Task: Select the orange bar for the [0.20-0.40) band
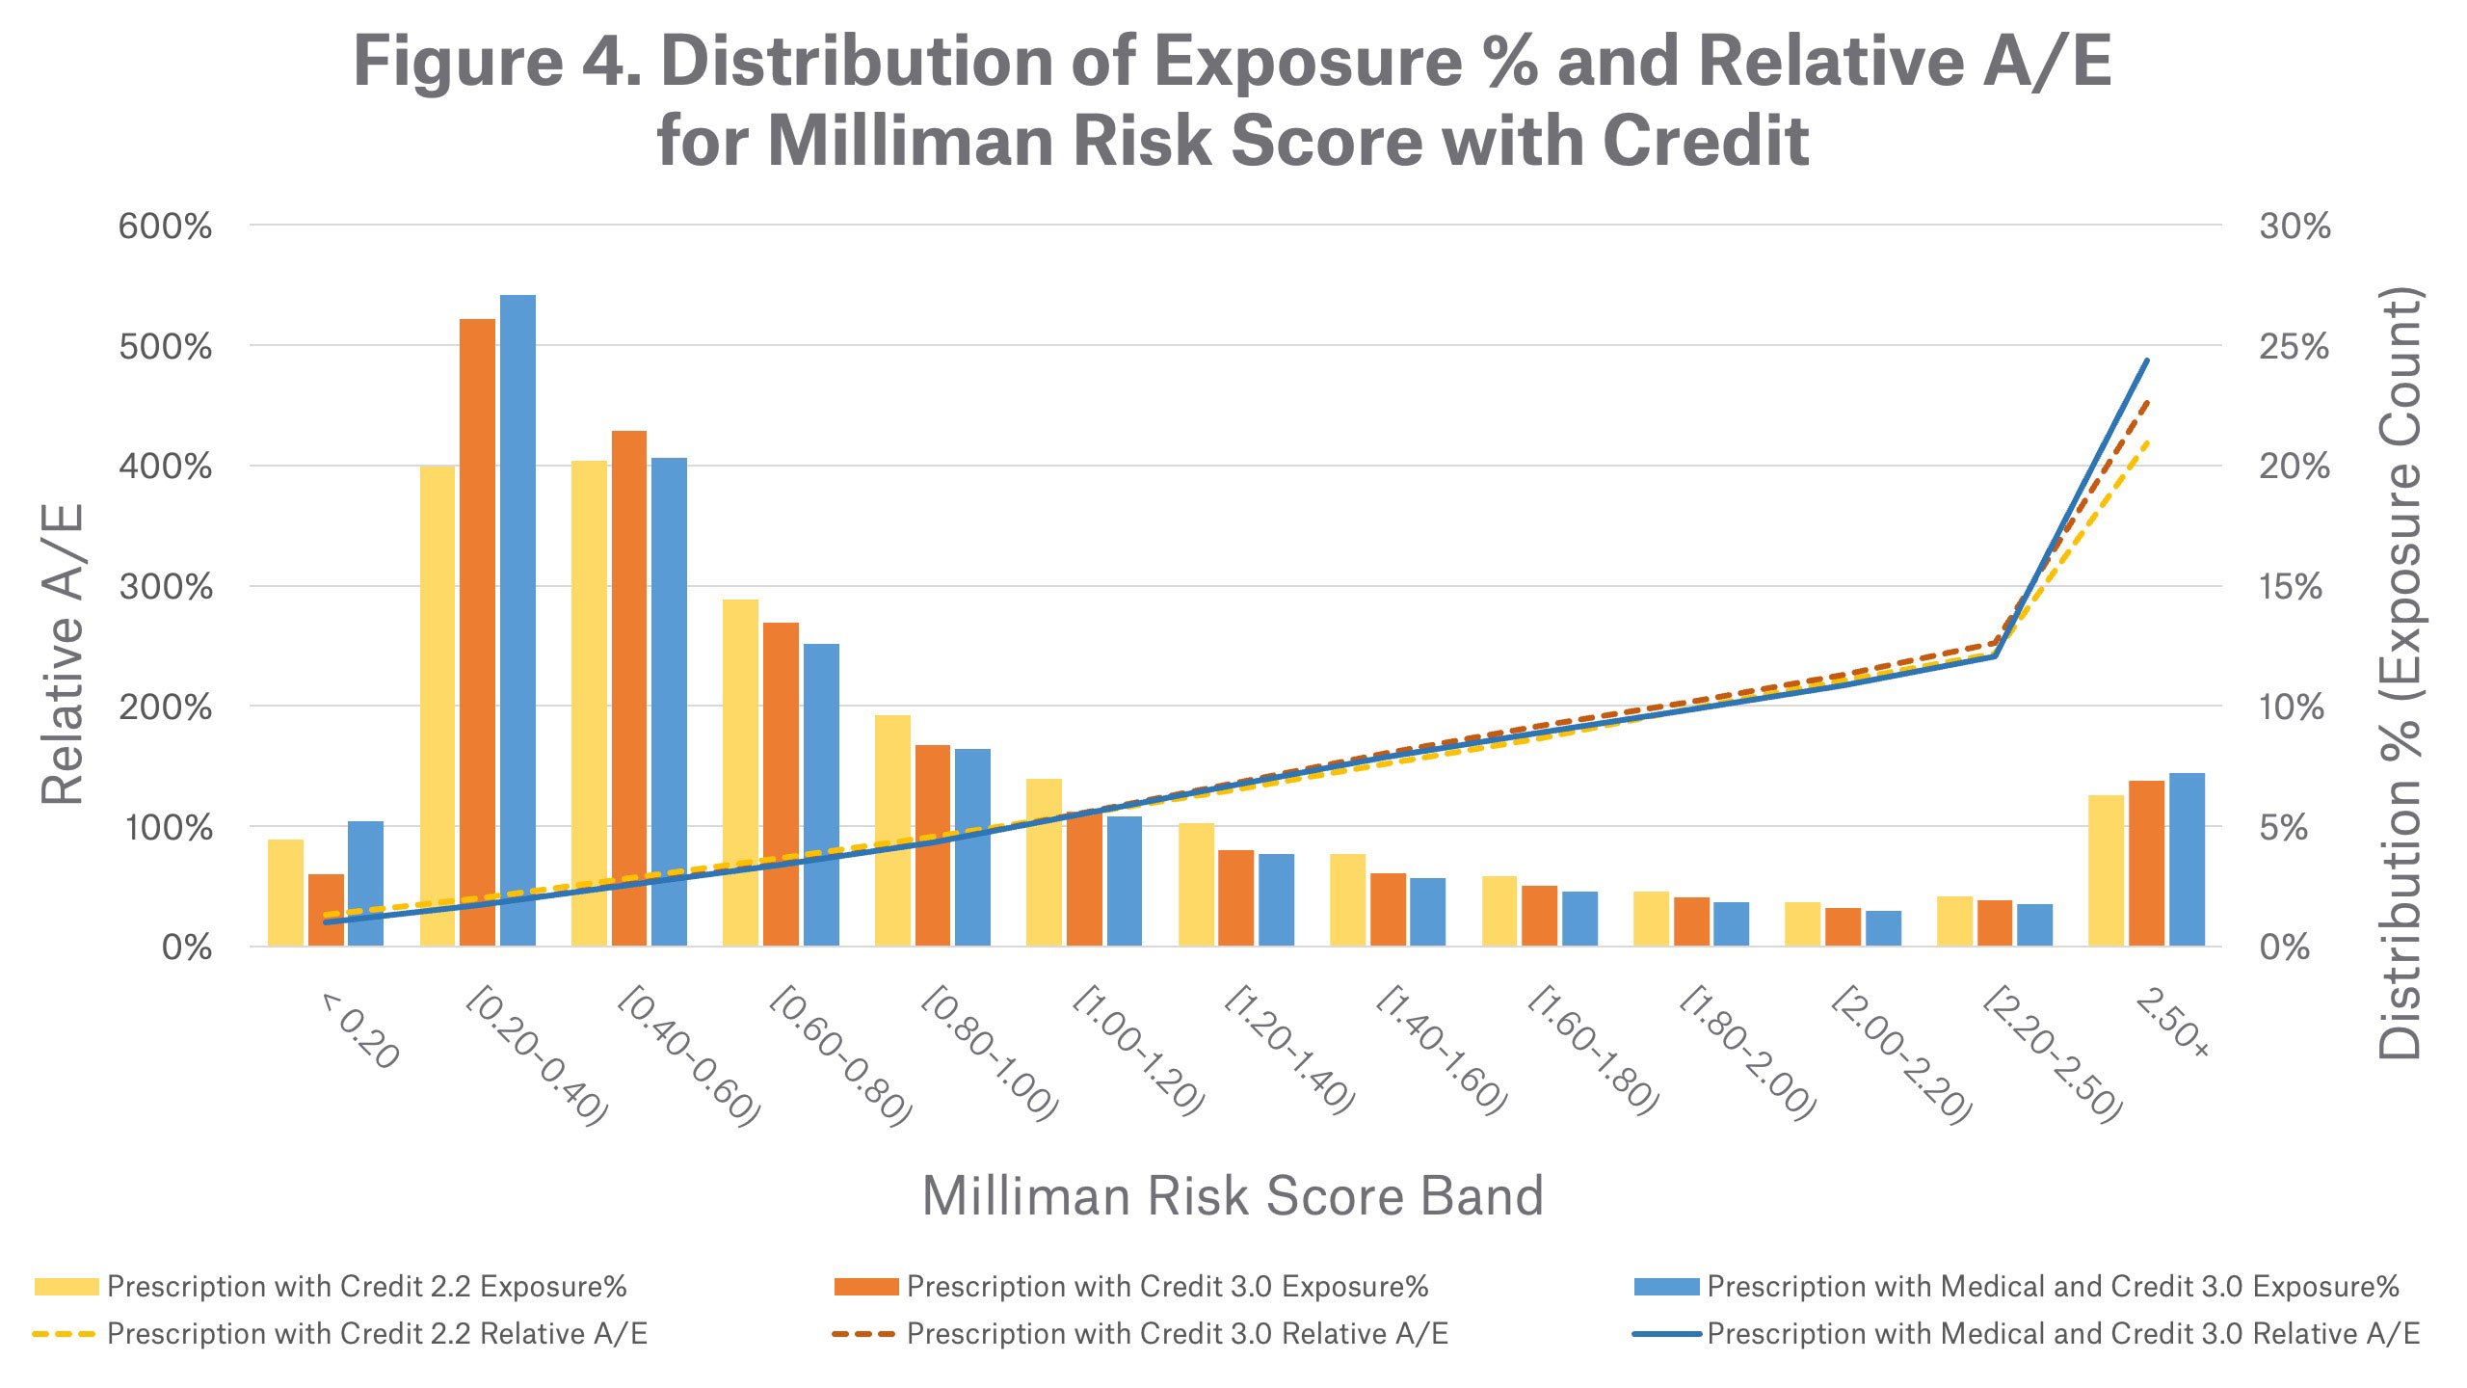click(477, 631)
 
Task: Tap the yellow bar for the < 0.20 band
click(285, 893)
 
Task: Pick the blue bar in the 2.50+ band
click(2187, 859)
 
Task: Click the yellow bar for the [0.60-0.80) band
click(740, 772)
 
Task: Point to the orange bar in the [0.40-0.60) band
click(629, 688)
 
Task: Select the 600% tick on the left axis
click(165, 227)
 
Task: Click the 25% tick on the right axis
click(2294, 347)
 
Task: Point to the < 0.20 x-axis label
click(358, 1031)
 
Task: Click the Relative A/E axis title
click(64, 654)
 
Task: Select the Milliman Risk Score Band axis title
click(1233, 1196)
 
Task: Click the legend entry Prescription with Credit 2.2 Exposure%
click(366, 1287)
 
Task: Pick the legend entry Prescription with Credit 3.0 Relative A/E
click(1177, 1334)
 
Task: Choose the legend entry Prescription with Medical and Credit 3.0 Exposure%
click(2053, 1287)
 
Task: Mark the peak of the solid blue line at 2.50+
click(2147, 360)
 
